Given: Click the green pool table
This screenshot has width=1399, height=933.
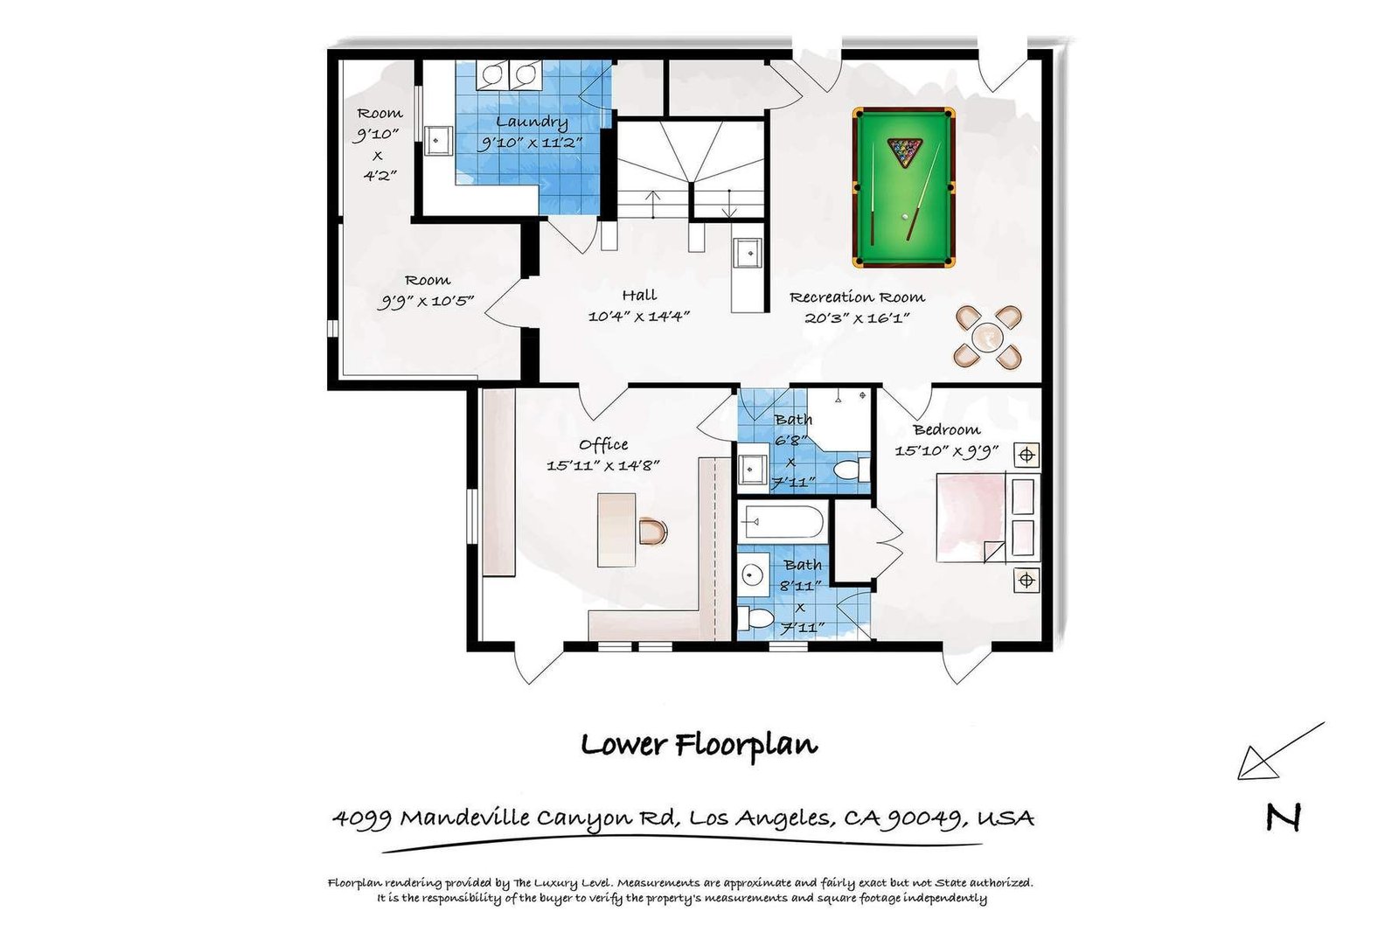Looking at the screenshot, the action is pos(903,187).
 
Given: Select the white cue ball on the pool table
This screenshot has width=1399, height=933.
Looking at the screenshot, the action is pos(905,217).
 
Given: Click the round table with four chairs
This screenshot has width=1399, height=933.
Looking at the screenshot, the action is pos(987,338).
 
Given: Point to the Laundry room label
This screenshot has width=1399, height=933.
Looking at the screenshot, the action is pos(532,122).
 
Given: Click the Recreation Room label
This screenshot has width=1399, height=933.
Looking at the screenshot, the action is pos(857,297).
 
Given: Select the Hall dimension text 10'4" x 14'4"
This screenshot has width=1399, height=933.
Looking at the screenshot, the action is pos(638,316).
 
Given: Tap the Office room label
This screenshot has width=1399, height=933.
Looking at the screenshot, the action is pos(603,444).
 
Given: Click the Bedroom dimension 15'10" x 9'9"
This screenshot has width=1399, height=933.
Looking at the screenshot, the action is pos(947,450).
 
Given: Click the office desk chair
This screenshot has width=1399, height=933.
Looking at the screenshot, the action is pos(653,532).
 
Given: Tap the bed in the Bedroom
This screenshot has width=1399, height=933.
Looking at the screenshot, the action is pos(988,518).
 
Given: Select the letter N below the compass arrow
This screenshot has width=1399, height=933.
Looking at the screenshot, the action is pos(1284,818).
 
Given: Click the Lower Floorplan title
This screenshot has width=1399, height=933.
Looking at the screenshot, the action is pos(699,744).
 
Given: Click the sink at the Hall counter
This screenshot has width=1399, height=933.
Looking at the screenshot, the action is pos(748,253).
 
